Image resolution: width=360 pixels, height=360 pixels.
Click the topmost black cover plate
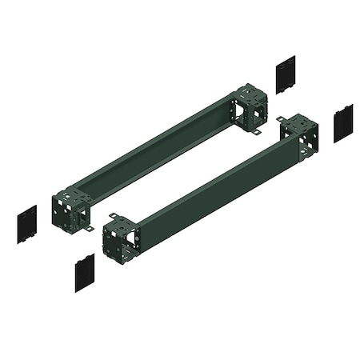click(285, 74)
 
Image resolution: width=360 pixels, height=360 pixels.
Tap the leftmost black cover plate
click(26, 224)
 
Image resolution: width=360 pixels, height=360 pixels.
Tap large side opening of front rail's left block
click(113, 243)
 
